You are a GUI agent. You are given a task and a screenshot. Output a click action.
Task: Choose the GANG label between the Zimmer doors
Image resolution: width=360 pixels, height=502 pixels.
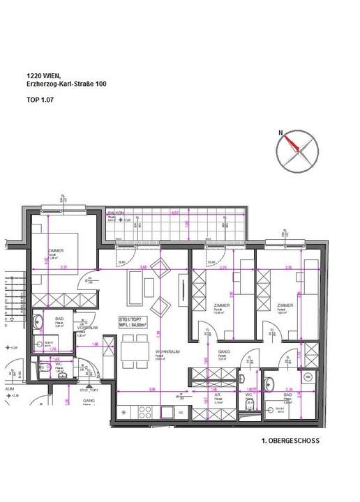(x=223, y=352)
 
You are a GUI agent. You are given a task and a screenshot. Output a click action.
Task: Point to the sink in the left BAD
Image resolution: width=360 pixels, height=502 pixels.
(x=49, y=343)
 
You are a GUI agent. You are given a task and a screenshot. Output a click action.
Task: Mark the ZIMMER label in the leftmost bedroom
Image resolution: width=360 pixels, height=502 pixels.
(x=57, y=252)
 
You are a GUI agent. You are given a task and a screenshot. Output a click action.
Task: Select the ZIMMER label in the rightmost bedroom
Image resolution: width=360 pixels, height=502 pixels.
(x=284, y=305)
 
